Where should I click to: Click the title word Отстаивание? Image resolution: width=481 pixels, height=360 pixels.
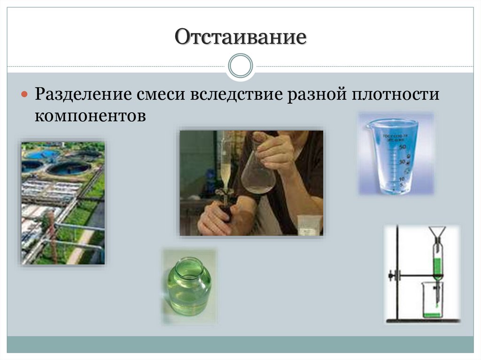click(x=240, y=38)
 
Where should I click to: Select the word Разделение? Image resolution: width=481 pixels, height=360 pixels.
click(x=82, y=94)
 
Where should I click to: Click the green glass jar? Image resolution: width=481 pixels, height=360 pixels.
click(x=189, y=287)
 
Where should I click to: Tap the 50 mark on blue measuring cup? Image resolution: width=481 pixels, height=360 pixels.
click(x=402, y=147)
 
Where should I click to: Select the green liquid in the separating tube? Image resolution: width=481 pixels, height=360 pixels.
click(x=437, y=268)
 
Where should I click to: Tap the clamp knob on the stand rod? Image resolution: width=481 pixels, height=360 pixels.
click(x=391, y=276)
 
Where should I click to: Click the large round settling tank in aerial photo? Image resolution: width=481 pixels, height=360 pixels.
click(x=68, y=168)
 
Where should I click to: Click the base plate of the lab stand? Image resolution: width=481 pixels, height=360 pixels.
click(x=423, y=322)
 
